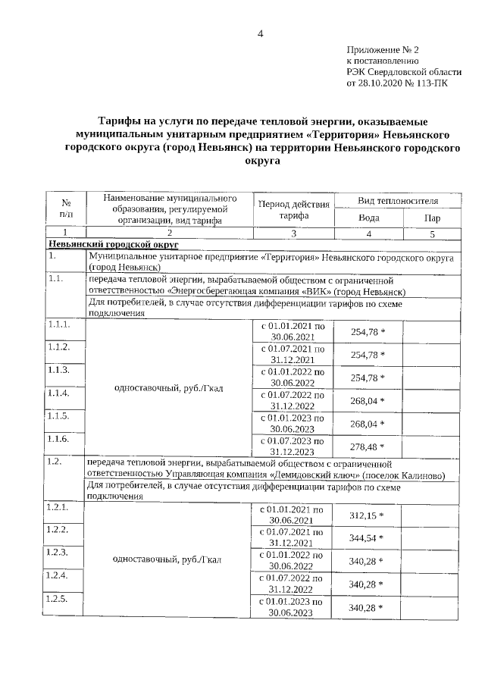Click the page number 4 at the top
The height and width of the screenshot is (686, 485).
coord(260,33)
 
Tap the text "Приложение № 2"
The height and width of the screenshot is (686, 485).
coord(377,49)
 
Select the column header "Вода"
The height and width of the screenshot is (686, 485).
coord(368,217)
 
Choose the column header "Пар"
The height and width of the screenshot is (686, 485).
coord(431,217)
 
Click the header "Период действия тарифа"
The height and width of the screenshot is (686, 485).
coord(293,210)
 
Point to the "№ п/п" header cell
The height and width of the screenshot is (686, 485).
coord(66,210)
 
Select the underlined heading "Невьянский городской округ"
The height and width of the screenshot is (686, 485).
coord(113,245)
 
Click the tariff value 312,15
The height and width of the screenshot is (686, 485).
coord(368,515)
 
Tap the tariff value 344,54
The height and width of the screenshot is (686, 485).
coord(368,539)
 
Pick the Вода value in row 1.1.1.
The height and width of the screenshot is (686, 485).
coord(368,331)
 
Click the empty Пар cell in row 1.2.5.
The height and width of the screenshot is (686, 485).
coord(431,607)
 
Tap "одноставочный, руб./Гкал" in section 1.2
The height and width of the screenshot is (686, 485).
coord(167,561)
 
